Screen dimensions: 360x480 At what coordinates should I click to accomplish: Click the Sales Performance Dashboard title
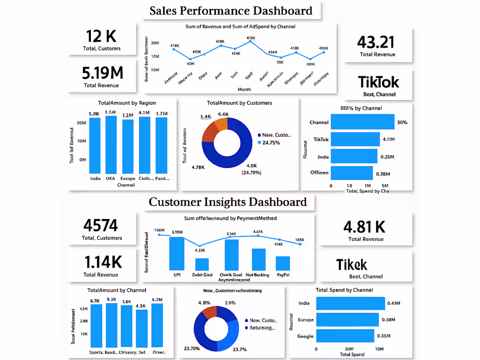(x=231, y=10)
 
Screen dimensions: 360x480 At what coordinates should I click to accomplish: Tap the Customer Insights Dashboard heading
(x=227, y=202)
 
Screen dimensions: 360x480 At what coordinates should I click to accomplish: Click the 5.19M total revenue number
(x=102, y=72)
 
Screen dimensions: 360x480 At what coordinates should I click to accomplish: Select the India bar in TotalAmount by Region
(x=95, y=145)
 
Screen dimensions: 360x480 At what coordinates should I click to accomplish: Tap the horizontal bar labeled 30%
(x=362, y=122)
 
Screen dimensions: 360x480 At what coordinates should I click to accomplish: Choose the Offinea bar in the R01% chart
(x=352, y=173)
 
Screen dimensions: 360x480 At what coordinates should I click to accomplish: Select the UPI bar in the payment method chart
(x=177, y=254)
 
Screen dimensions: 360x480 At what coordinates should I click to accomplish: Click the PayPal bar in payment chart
(x=283, y=263)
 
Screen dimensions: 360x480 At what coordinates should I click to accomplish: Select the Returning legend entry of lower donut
(x=263, y=328)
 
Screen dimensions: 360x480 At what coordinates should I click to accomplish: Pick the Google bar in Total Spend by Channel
(x=345, y=336)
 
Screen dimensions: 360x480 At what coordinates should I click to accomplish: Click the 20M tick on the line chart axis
(x=154, y=43)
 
